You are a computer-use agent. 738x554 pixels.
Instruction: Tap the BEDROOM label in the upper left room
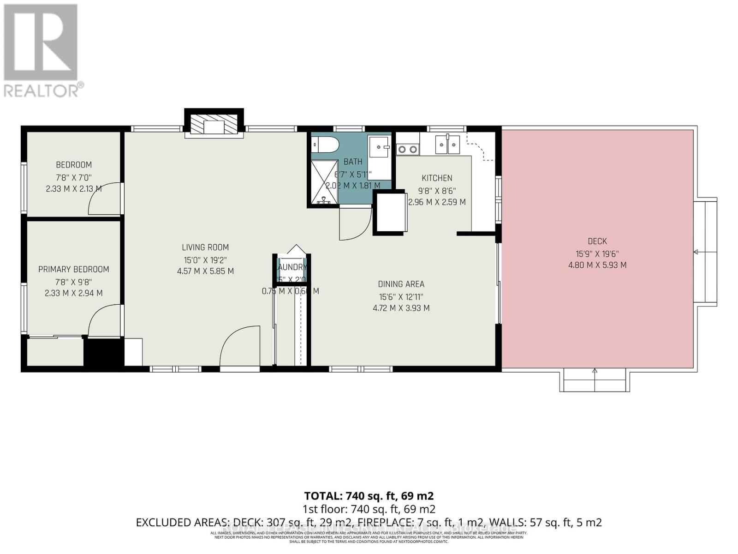(x=74, y=165)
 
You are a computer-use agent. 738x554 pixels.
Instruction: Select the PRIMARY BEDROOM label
(x=74, y=269)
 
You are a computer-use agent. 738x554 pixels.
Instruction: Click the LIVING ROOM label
(x=205, y=247)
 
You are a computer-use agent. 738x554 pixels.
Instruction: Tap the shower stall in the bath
(x=324, y=182)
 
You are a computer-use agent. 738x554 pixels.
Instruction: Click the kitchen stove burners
(x=408, y=149)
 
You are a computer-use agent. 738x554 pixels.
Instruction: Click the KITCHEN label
(x=437, y=178)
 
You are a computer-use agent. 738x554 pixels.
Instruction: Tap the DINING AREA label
(x=401, y=284)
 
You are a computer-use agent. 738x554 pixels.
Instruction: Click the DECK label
(x=597, y=241)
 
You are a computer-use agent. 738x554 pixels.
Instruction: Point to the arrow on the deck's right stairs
(x=696, y=252)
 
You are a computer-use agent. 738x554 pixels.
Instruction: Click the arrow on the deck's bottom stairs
(x=595, y=371)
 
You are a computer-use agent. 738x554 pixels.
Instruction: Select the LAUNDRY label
(x=292, y=267)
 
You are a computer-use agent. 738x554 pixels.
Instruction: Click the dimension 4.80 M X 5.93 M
(x=597, y=265)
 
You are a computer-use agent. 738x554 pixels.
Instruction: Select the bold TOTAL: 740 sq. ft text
(x=369, y=496)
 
